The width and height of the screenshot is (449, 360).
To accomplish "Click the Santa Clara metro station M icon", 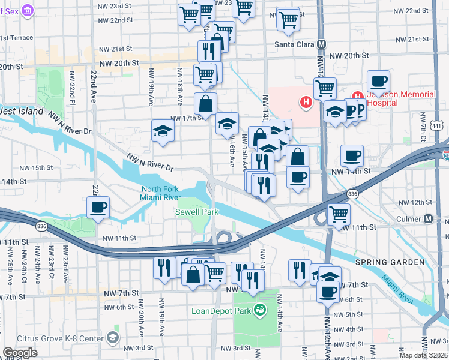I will (322, 44).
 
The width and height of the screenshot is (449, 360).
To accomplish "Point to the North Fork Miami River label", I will (160, 193).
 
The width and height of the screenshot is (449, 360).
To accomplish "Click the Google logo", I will (20, 353).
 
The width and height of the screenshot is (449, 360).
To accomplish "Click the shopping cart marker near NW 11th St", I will (339, 213).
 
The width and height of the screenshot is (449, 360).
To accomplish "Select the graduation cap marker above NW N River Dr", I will (163, 131).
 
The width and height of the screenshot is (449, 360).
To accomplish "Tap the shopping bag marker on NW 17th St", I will (206, 103).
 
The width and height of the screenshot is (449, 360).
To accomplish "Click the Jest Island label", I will (22, 111).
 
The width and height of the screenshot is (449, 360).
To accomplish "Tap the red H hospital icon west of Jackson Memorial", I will (306, 103).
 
